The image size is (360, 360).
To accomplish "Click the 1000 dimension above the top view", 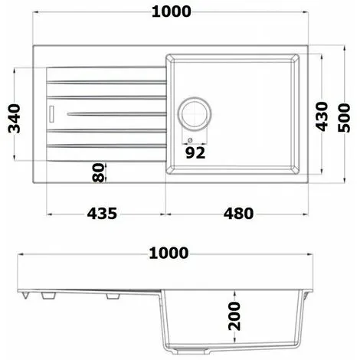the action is (x=172, y=11).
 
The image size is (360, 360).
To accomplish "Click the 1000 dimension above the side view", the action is (x=169, y=254).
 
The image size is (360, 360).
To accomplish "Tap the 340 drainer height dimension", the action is (x=15, y=119).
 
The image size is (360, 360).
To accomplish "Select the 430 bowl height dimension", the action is (x=322, y=116).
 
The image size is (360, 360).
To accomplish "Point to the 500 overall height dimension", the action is (x=344, y=118).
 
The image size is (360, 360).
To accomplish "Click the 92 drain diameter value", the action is (x=195, y=153).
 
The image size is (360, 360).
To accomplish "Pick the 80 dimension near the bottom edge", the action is (x=99, y=172).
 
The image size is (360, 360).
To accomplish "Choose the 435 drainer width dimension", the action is (x=102, y=214).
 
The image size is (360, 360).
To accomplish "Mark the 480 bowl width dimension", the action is (x=238, y=214).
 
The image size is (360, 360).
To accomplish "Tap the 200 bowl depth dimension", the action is (x=234, y=316).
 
